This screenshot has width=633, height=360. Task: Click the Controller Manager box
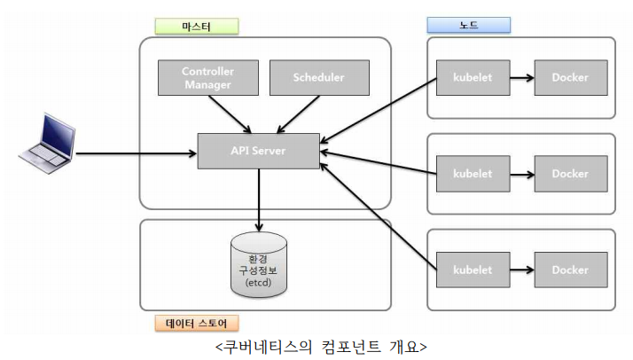[207, 78]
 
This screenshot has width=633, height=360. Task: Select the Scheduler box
[318, 78]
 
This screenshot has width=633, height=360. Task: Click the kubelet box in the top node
[472, 78]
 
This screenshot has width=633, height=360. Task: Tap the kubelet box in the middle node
[472, 174]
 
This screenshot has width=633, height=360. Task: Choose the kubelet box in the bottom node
[472, 270]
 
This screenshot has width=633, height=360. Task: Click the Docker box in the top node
[570, 78]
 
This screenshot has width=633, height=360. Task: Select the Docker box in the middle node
[570, 174]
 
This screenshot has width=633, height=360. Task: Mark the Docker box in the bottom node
[570, 270]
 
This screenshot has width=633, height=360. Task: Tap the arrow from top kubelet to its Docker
[520, 78]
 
